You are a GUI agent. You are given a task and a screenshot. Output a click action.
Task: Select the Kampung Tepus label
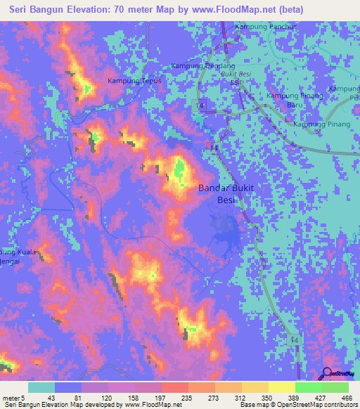(134, 81)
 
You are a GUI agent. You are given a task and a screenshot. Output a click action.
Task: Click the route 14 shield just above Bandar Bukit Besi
(214, 146)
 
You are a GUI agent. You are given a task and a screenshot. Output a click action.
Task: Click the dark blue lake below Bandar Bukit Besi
(225, 228)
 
